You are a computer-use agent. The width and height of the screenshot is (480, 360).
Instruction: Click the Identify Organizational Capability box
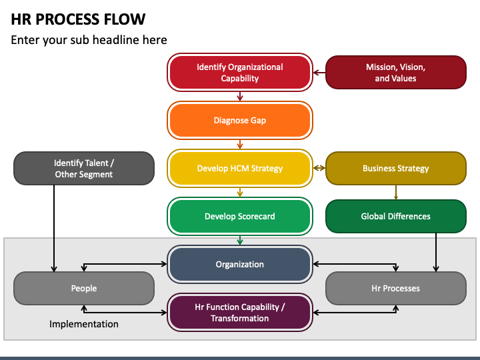(240, 72)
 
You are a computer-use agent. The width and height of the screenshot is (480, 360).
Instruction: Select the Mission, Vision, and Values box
(396, 72)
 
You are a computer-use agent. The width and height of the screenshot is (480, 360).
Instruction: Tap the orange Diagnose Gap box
(240, 120)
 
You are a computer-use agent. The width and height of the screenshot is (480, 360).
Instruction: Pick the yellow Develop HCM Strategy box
(240, 168)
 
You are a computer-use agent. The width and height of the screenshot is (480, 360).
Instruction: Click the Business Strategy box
(396, 168)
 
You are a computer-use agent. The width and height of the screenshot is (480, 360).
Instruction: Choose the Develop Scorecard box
(240, 216)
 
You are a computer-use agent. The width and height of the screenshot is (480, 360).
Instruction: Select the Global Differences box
(396, 216)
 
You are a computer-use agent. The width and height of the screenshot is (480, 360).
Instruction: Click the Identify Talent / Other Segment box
(84, 168)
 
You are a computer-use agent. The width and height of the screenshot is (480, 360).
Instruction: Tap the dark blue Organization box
(240, 264)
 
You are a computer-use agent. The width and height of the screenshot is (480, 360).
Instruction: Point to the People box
(84, 288)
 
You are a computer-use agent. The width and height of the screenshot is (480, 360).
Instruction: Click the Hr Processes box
(396, 288)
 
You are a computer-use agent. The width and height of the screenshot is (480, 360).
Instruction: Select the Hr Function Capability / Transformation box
(240, 312)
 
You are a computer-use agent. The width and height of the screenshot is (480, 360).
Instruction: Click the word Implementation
(84, 324)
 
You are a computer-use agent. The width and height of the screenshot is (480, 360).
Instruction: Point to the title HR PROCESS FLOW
(78, 19)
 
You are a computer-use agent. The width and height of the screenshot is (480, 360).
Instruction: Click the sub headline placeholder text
(89, 40)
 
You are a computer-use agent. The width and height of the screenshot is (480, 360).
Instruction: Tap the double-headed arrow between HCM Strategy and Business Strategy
(319, 168)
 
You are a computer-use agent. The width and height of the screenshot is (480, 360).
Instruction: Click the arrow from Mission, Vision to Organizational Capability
(319, 73)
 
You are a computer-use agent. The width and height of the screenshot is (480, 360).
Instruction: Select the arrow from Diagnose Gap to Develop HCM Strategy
(240, 145)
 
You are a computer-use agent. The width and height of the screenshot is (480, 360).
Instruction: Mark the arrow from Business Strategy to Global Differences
(396, 192)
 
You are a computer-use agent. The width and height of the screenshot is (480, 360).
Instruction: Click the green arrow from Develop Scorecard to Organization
(240, 240)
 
